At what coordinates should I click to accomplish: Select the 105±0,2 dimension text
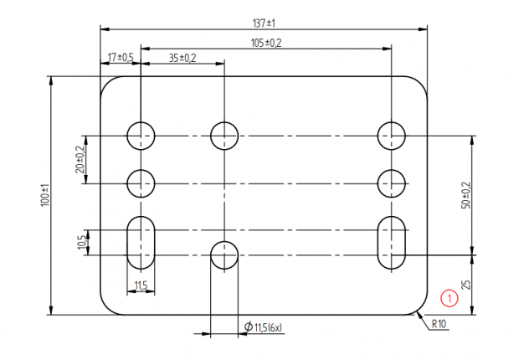[x=266, y=42]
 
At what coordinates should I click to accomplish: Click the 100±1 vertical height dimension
[x=45, y=196]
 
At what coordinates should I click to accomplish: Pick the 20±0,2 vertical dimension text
[x=80, y=158]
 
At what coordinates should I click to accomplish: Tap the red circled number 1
[x=449, y=296]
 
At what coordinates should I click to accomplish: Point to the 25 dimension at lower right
[x=466, y=285]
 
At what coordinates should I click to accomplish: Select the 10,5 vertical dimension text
[x=80, y=242]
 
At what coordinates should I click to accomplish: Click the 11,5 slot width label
[x=141, y=286]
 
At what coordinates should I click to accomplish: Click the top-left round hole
[x=141, y=134]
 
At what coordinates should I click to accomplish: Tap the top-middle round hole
[x=224, y=134]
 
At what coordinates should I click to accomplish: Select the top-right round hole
[x=391, y=134]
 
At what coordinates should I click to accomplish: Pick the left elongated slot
[x=141, y=243]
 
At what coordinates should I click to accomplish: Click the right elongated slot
[x=391, y=243]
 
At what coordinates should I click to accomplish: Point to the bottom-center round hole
[x=224, y=255]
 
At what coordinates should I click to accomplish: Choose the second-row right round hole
[x=391, y=183]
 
